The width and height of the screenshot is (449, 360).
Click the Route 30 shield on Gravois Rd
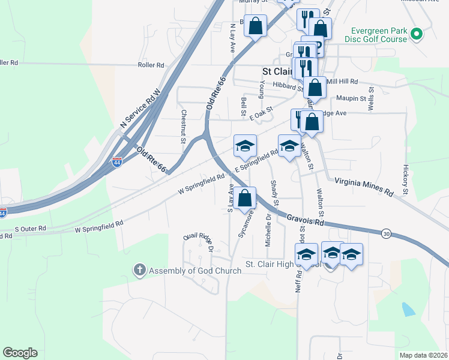click(x=385, y=232)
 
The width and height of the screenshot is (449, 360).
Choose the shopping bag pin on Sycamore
click(x=244, y=199)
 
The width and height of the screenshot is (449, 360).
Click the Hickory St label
click(x=406, y=181)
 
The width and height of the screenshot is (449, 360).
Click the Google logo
click(x=20, y=353)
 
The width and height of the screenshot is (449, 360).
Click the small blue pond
click(x=408, y=309)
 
